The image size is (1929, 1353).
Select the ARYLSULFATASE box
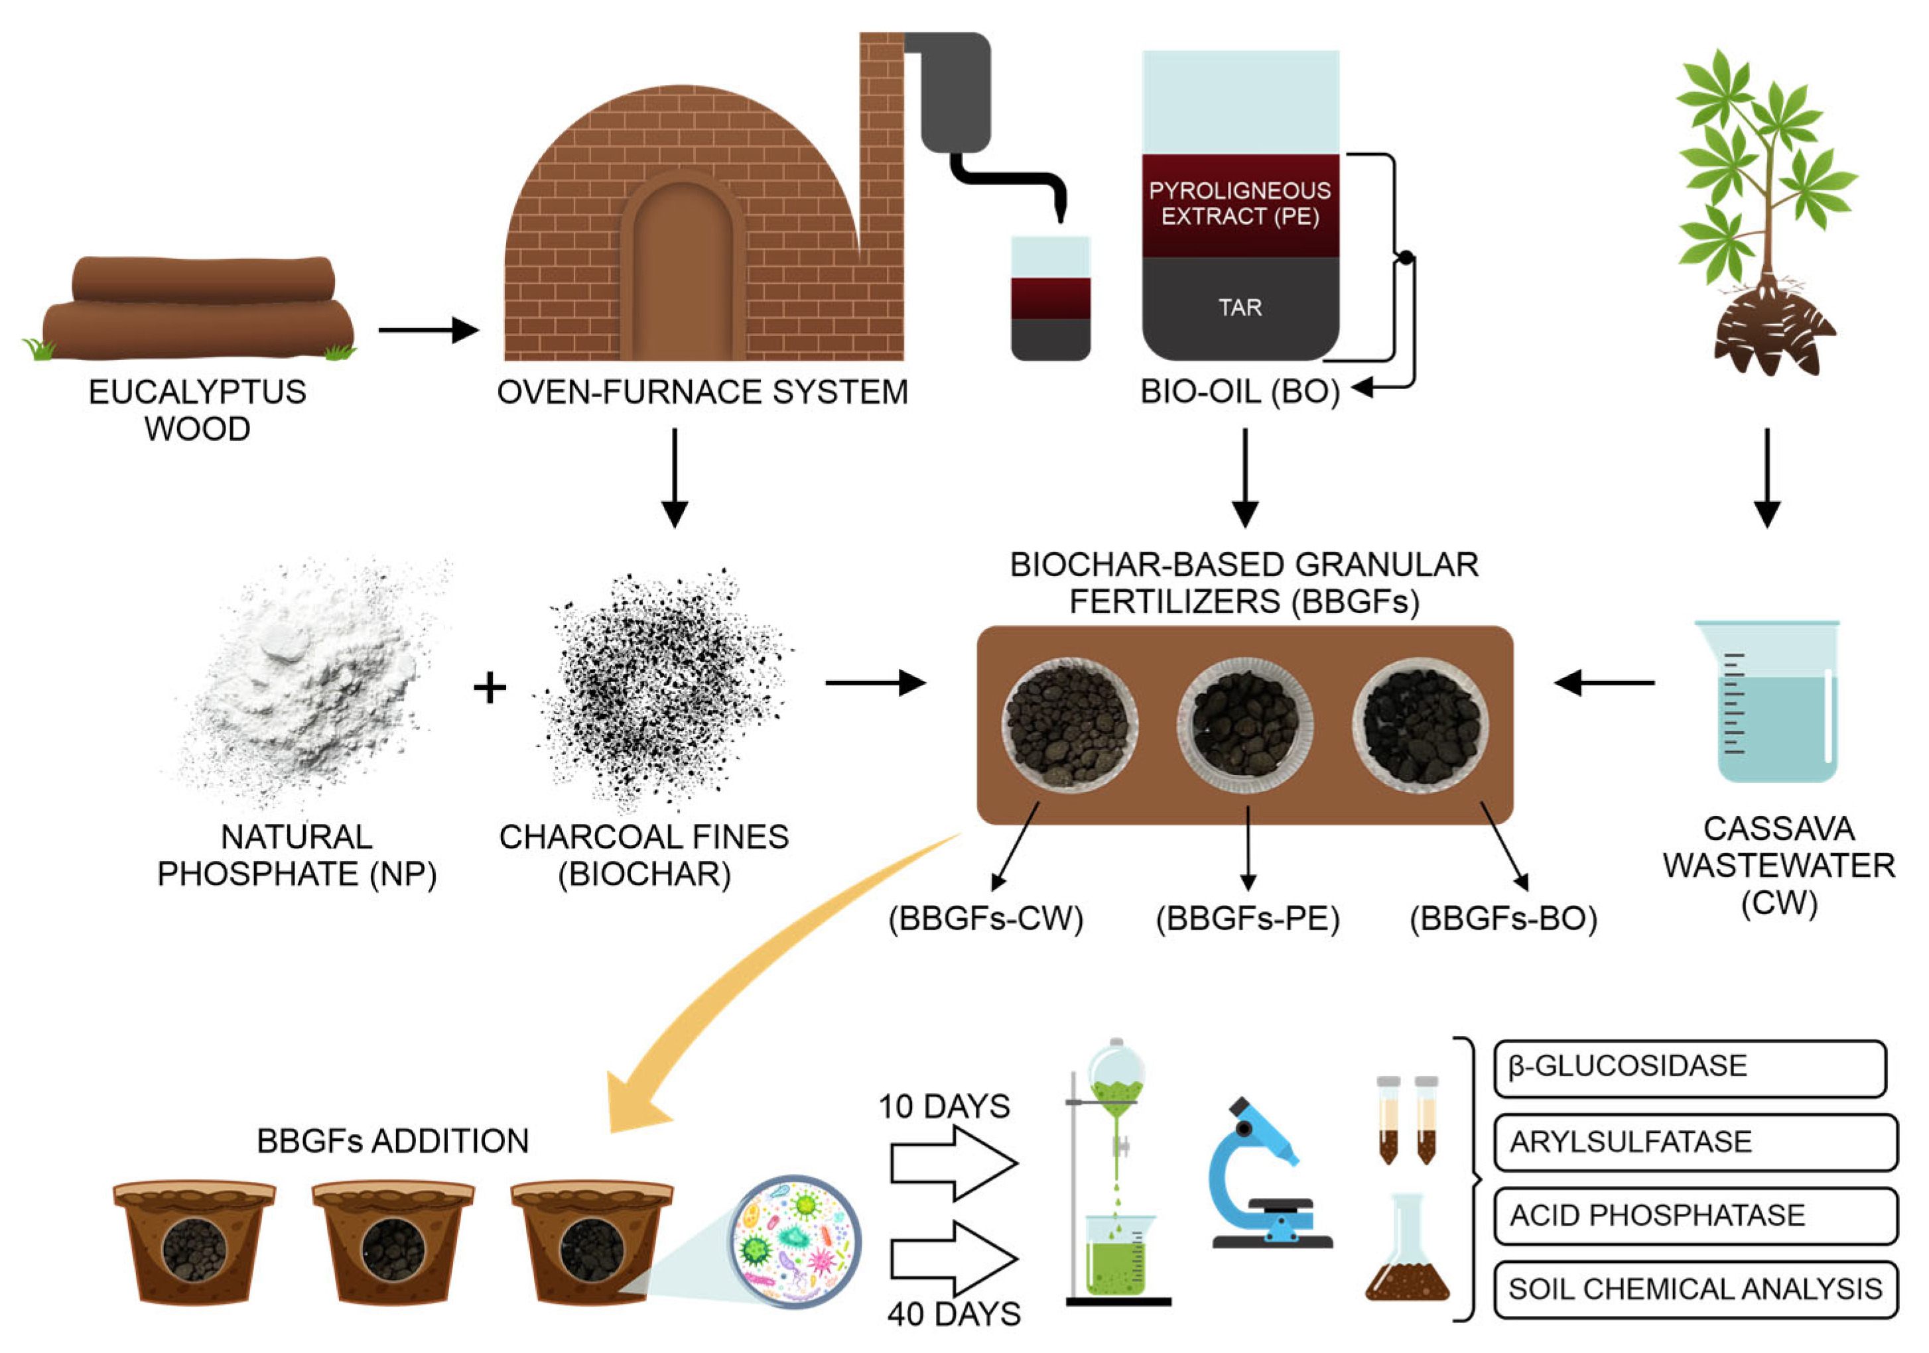pos(1695,1142)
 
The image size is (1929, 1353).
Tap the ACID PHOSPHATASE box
pos(1695,1215)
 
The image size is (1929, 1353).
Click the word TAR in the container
pos(1240,308)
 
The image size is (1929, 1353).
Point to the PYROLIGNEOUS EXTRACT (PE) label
pos(1240,204)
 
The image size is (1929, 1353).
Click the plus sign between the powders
pos(490,688)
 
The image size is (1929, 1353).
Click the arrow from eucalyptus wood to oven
pos(428,330)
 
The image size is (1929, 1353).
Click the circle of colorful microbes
pos(792,1242)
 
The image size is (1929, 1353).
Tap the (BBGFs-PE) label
pos(1248,919)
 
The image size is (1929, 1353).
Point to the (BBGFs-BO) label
pos(1503,919)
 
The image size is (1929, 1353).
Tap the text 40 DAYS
pos(954,1313)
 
